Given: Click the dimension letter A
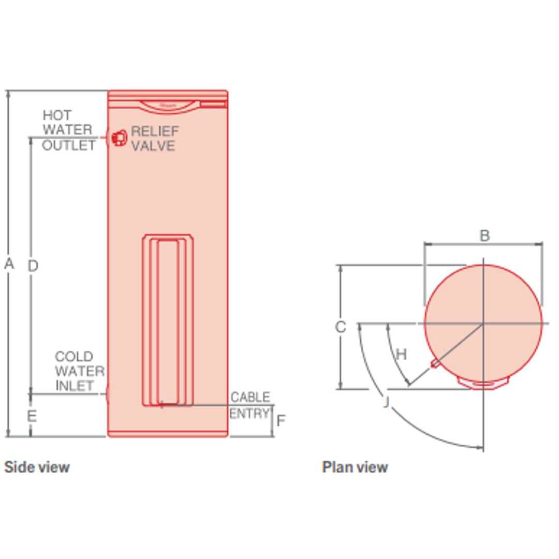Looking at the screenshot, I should click(9, 264).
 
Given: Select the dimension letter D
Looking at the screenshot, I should click(33, 266).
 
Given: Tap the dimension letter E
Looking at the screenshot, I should click(32, 416).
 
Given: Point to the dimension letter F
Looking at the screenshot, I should click(281, 420).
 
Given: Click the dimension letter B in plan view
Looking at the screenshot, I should click(484, 236).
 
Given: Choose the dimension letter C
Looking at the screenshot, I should click(340, 327).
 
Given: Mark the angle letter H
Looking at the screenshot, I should click(401, 355).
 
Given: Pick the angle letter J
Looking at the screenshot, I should click(385, 402).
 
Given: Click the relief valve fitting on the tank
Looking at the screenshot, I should click(119, 138).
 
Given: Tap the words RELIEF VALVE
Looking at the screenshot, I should click(153, 139).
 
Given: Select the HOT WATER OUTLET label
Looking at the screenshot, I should click(68, 130).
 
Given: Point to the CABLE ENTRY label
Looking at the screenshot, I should click(250, 405).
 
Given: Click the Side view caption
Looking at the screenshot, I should click(37, 467).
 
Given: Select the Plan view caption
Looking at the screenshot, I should click(355, 467).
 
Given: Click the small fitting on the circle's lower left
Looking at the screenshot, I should click(435, 364).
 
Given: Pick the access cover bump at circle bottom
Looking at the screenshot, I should click(483, 383).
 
